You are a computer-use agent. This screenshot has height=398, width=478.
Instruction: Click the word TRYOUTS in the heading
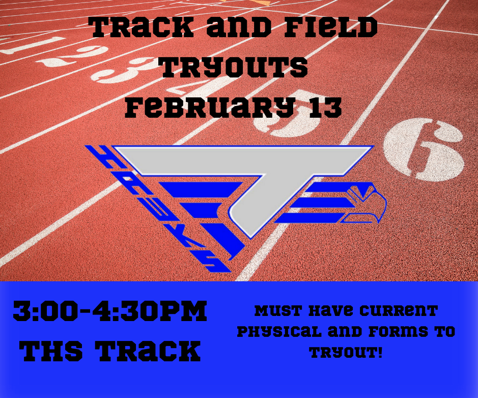(234, 69)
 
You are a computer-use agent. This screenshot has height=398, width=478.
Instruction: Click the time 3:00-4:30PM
(110, 312)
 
